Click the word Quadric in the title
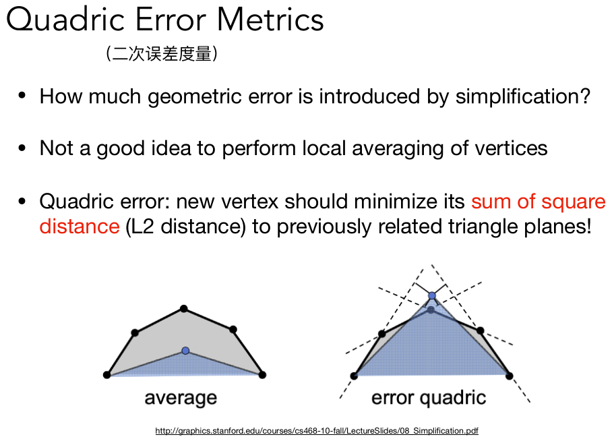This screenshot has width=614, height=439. click(x=65, y=20)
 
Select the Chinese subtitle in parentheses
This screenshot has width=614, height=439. click(x=161, y=54)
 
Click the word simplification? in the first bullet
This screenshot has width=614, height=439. click(x=523, y=97)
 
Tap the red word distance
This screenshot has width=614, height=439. click(x=80, y=226)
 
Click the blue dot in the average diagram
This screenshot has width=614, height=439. click(x=185, y=351)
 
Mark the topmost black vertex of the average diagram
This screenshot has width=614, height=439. click(x=183, y=309)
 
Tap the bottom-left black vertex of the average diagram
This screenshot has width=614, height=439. click(x=106, y=375)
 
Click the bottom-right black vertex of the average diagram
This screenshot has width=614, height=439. click(x=262, y=375)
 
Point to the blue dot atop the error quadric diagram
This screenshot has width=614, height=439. click(x=432, y=295)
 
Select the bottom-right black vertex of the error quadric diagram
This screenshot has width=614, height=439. click(x=509, y=376)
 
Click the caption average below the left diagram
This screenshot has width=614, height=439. click(x=181, y=399)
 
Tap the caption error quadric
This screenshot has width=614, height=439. click(x=429, y=399)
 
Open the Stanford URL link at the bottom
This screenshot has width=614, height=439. click(x=317, y=431)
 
